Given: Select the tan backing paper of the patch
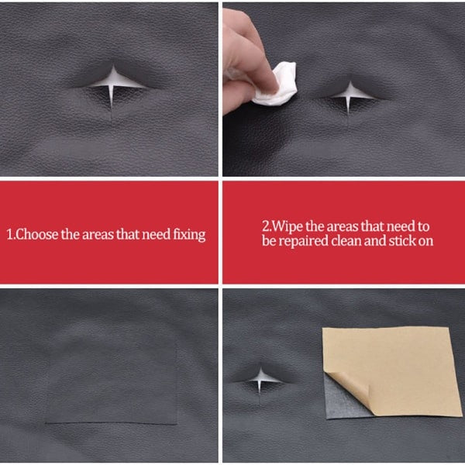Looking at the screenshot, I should tap(387, 364).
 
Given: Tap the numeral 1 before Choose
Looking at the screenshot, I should tap(10, 234).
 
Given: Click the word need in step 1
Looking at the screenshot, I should tap(151, 234).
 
